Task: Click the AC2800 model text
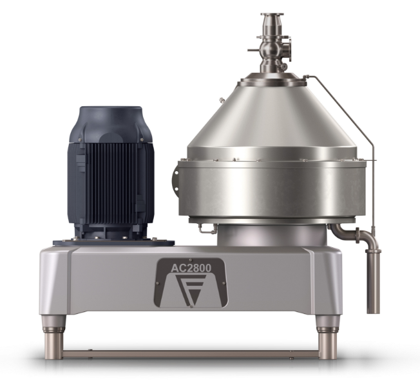click(x=191, y=268)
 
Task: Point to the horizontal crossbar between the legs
click(x=191, y=354)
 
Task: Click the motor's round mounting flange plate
click(x=113, y=243)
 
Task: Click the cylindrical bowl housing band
click(x=272, y=189)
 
